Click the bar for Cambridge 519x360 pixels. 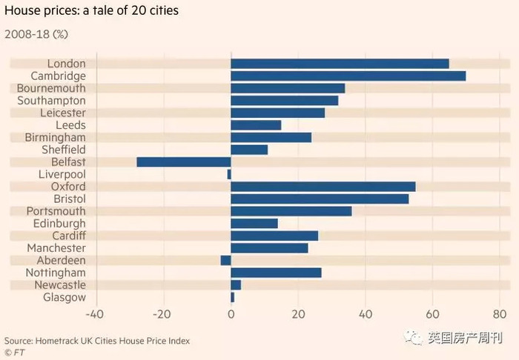coord(348,76)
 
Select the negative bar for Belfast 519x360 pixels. coord(184,161)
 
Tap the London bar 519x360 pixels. coord(340,64)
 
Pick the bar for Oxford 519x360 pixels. coord(323,187)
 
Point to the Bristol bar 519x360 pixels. coord(320,199)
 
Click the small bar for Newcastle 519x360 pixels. coord(236,285)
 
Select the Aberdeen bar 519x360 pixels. coord(226,260)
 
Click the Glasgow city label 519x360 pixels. coord(65,297)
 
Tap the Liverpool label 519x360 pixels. coord(62,174)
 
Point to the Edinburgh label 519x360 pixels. coord(59,223)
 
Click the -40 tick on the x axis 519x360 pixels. coord(94,313)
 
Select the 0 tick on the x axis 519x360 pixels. coord(231,313)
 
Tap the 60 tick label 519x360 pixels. coord(433,313)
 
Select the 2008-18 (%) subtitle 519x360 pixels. coord(36,34)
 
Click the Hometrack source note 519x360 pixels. coord(97,341)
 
